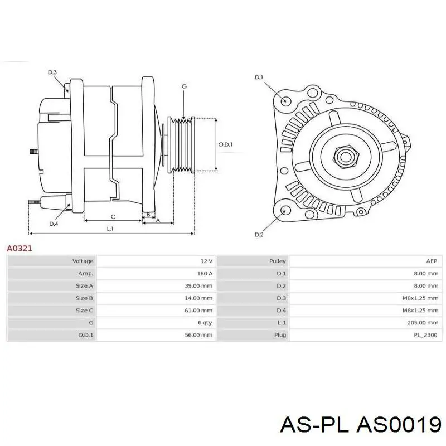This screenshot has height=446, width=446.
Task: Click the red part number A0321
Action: point(20,248)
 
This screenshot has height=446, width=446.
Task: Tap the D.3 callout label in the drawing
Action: point(52,72)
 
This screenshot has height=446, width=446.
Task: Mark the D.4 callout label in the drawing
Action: point(54,224)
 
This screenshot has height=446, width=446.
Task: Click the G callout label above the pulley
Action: point(184,86)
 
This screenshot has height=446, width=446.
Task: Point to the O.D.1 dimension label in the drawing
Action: point(225,144)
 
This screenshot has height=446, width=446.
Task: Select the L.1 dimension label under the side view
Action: point(110,229)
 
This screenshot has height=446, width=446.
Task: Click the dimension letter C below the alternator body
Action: point(113,217)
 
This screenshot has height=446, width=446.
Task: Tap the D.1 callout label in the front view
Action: point(259,77)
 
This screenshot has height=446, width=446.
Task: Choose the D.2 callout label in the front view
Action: point(259,235)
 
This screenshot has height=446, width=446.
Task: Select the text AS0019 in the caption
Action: point(399,425)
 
